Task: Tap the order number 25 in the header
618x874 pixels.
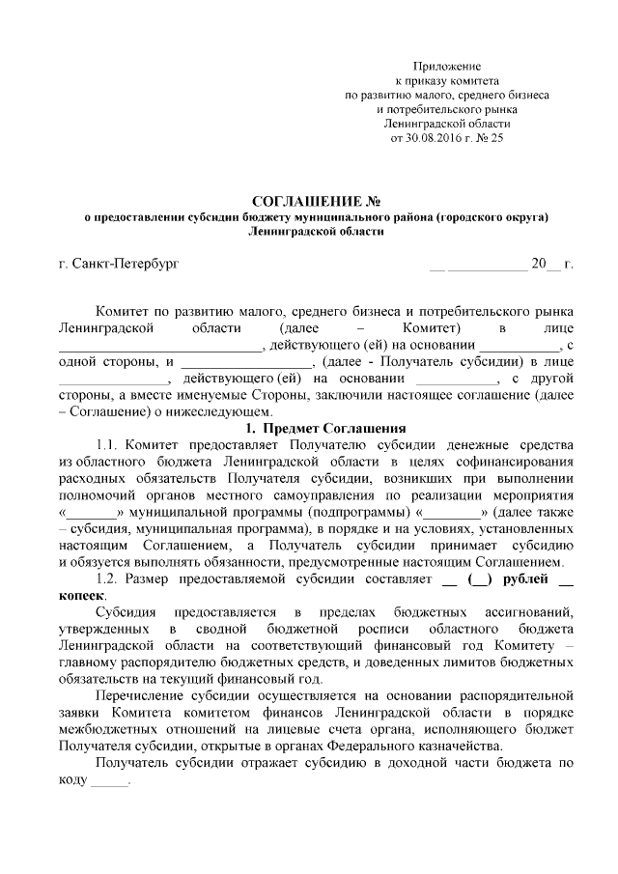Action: point(497,138)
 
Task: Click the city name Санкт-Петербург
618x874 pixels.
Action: point(126,263)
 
